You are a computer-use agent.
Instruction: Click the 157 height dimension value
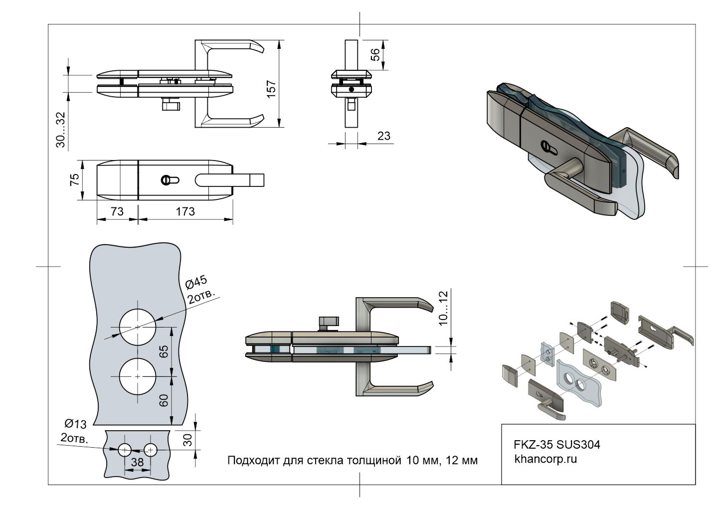click(x=271, y=90)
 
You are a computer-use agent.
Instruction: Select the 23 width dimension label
click(x=384, y=135)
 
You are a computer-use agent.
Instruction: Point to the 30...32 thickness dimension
click(x=60, y=130)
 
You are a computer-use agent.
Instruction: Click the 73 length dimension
click(x=116, y=211)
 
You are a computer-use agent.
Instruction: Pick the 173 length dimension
click(x=185, y=211)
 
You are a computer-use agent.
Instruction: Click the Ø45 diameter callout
click(x=195, y=283)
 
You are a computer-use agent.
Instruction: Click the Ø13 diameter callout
click(x=76, y=424)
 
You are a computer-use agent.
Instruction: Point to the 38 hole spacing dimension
click(x=137, y=462)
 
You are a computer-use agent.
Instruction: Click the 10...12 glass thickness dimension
click(x=444, y=308)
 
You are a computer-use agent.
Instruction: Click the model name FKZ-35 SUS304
click(x=557, y=444)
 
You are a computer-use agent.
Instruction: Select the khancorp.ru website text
click(x=545, y=459)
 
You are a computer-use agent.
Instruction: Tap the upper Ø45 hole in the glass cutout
click(x=138, y=327)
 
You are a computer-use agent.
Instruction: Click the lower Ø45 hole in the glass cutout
click(x=138, y=375)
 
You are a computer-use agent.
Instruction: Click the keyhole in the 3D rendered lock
click(x=547, y=148)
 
